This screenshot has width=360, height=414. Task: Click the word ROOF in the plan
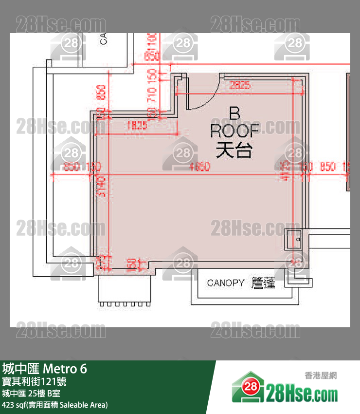tap(234, 131)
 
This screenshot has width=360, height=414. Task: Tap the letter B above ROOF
tap(234, 114)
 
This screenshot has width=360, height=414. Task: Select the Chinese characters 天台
tap(234, 150)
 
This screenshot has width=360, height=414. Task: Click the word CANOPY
tap(226, 283)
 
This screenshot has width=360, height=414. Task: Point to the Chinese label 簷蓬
tap(263, 283)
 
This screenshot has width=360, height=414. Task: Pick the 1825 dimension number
tap(137, 125)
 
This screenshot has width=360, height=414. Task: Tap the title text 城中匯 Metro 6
tap(45, 369)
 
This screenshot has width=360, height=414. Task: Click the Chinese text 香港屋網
tap(321, 376)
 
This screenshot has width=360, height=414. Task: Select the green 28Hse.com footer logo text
tap(302, 392)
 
